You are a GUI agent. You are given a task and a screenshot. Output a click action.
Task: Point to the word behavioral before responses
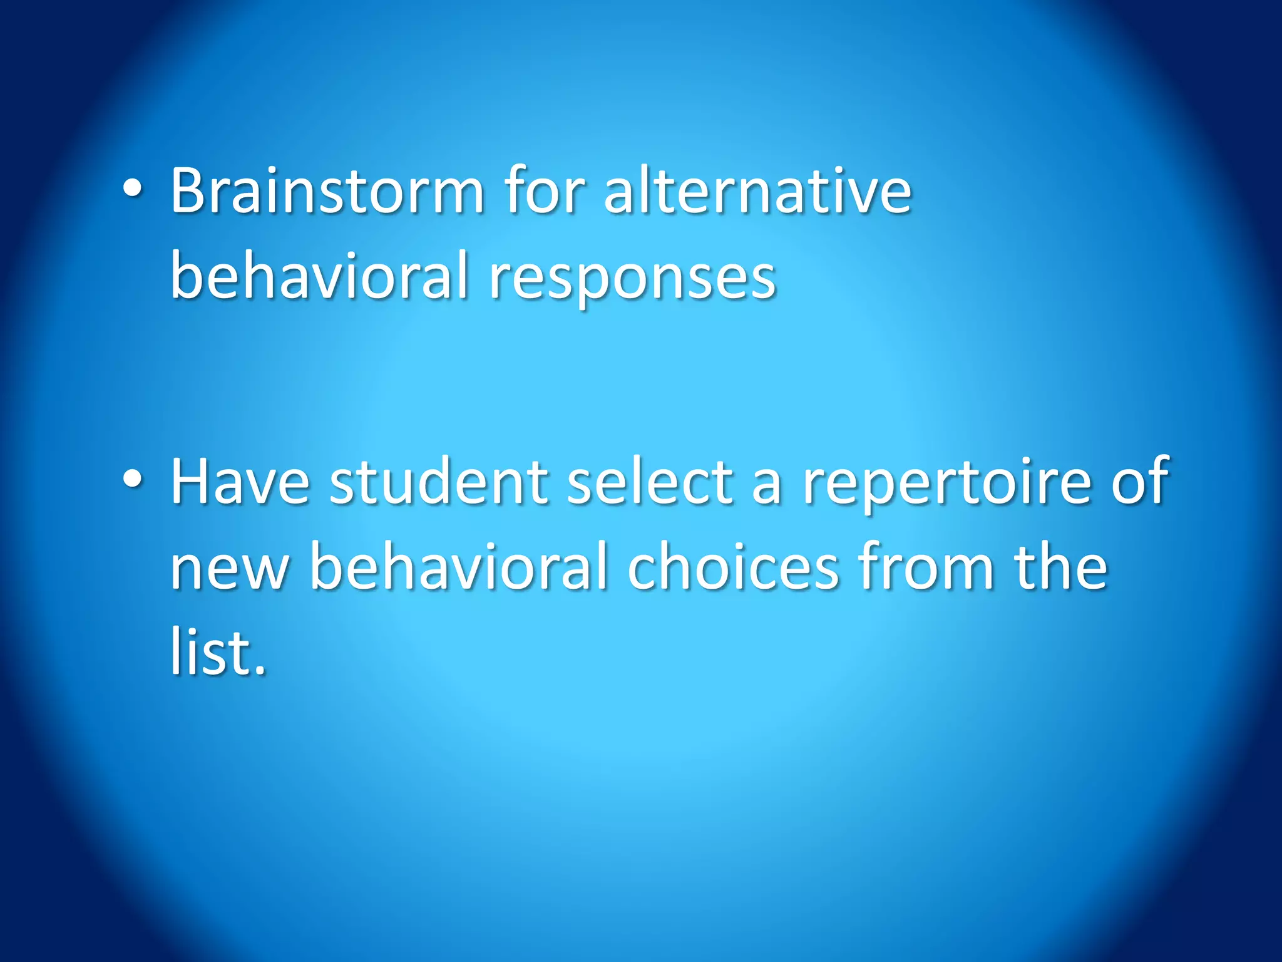[319, 276]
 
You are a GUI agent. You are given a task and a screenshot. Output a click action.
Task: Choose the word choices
[732, 567]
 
